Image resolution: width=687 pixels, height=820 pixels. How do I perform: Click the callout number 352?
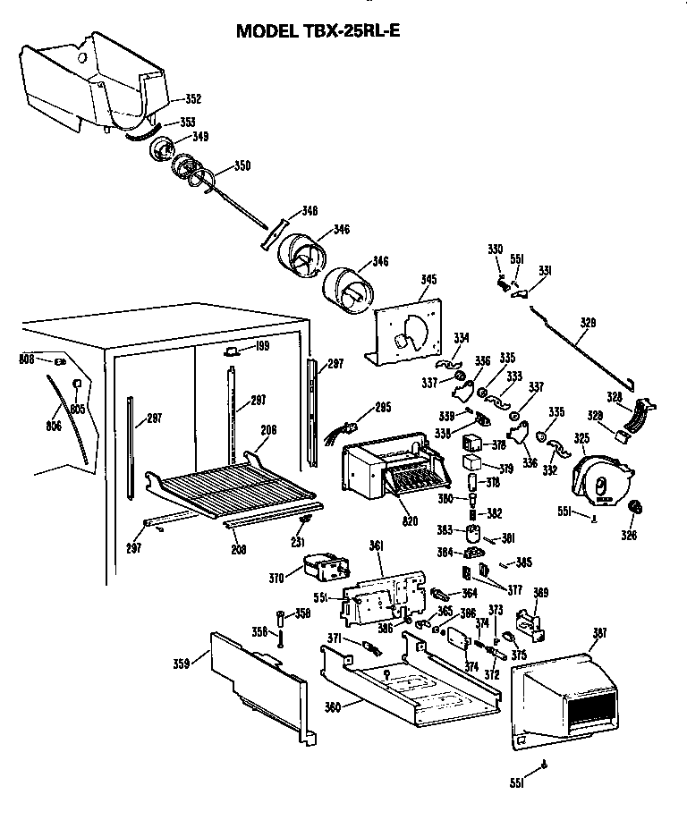pyautogui.click(x=193, y=99)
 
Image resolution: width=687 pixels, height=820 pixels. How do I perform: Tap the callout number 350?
pyautogui.click(x=242, y=165)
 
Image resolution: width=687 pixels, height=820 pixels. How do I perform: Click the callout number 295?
pyautogui.click(x=383, y=409)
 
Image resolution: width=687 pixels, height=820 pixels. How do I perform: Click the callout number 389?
pyautogui.click(x=540, y=592)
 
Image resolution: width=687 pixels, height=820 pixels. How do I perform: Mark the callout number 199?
pyautogui.click(x=261, y=346)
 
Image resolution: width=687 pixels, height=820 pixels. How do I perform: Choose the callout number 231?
pyautogui.click(x=298, y=542)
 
